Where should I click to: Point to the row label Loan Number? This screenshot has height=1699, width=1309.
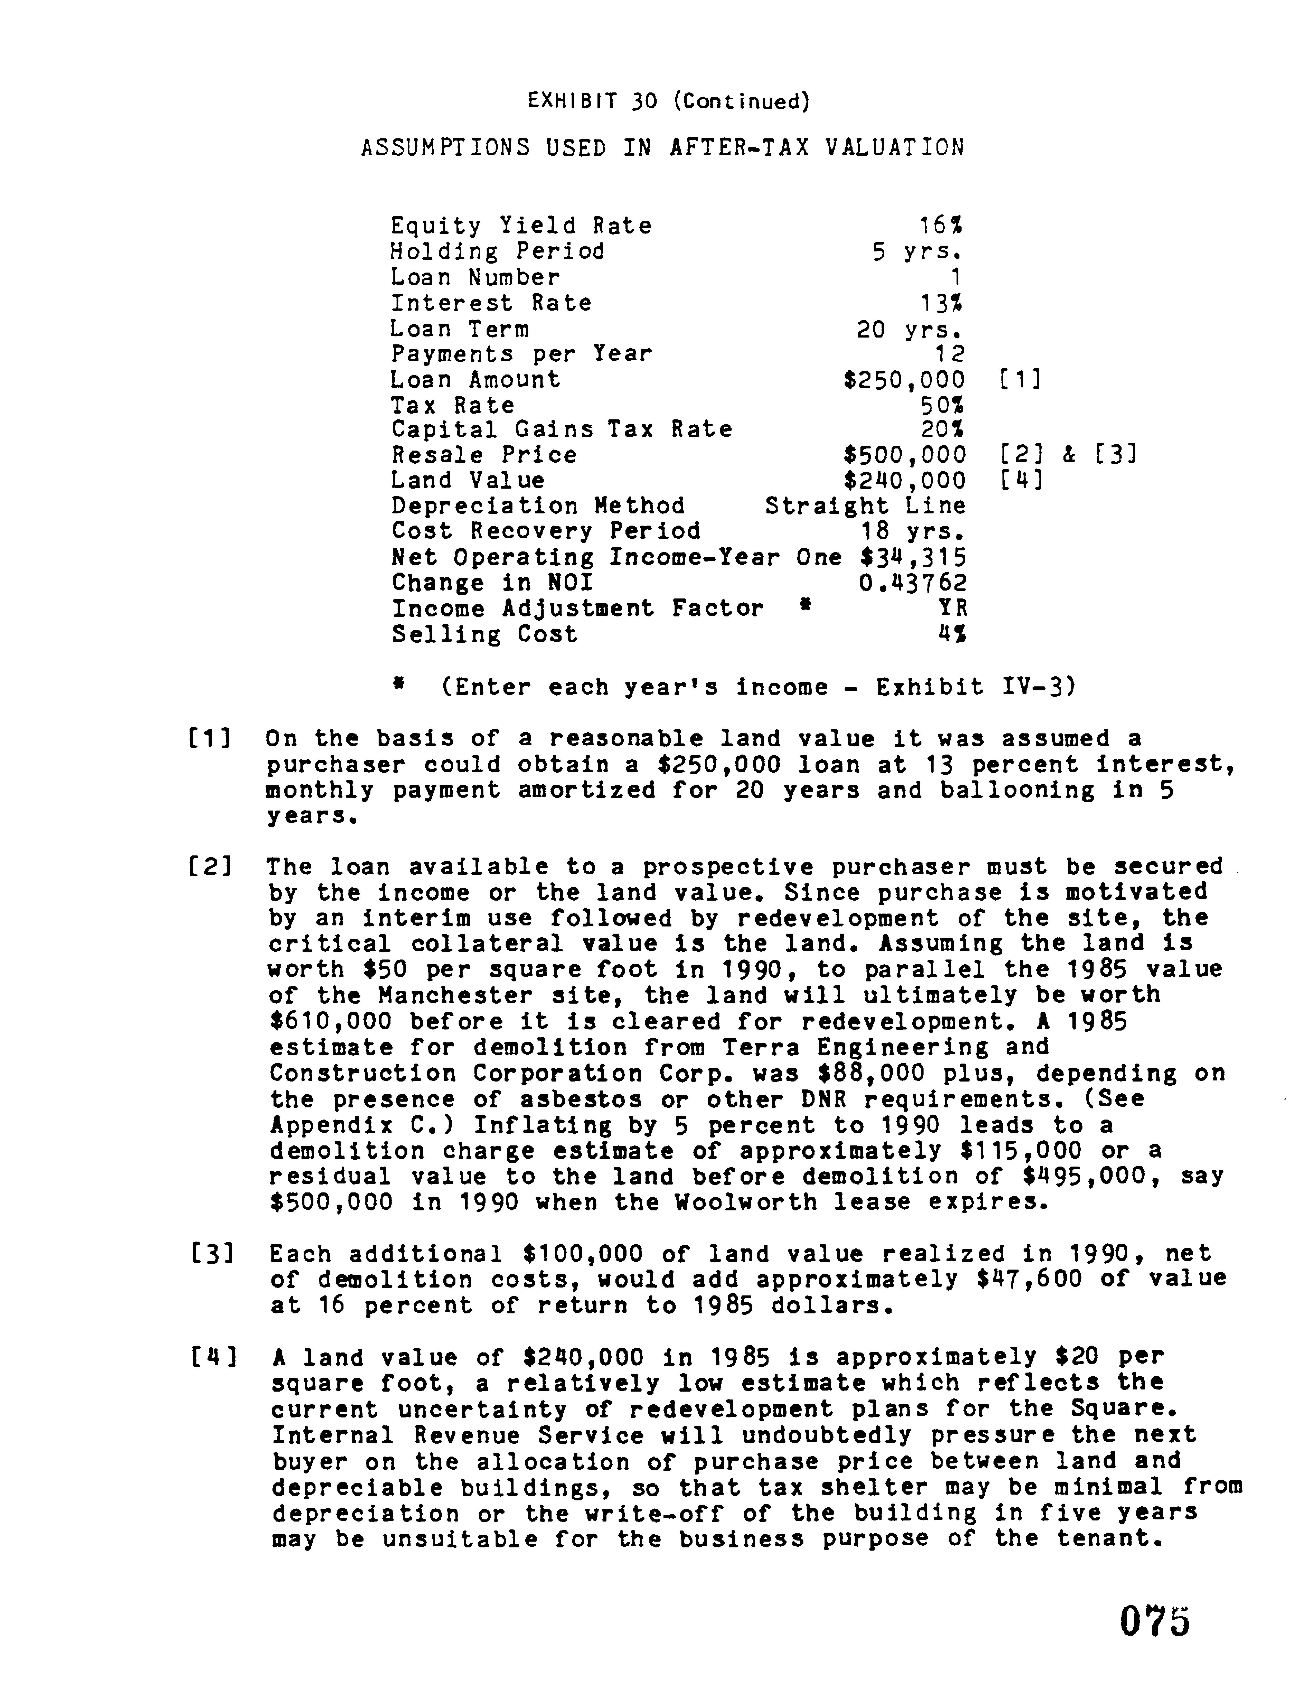475,277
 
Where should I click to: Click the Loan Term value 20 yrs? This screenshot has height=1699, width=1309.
910,329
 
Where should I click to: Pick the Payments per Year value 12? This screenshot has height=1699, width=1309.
949,354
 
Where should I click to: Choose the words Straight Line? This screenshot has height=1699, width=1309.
865,506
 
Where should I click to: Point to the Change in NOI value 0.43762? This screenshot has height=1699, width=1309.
912,583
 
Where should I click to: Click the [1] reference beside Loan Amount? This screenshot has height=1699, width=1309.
1018,380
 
